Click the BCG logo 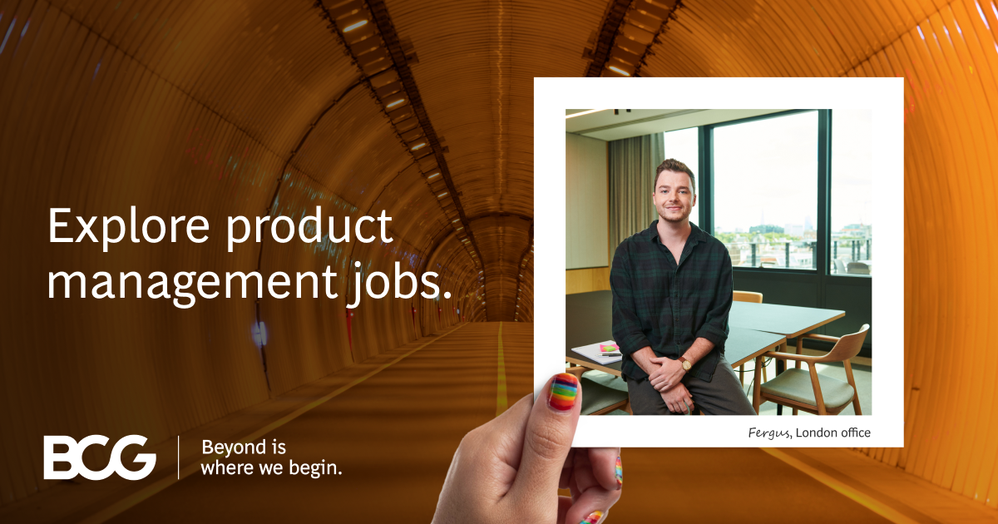click(x=100, y=457)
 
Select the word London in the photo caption click(x=818, y=433)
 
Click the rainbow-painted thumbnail click(x=564, y=392)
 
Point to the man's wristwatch click(x=685, y=364)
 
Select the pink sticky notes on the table click(x=610, y=348)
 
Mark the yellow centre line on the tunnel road click(x=501, y=366)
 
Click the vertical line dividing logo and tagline click(x=179, y=457)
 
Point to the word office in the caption click(x=857, y=433)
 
